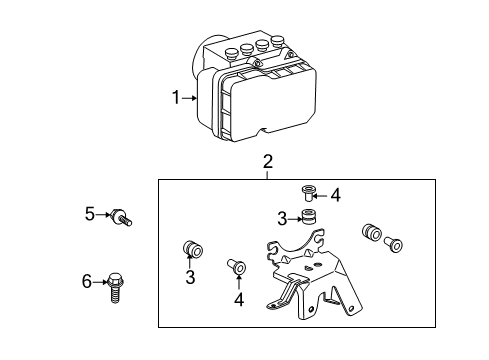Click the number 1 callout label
(x=175, y=97)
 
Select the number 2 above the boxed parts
(x=268, y=162)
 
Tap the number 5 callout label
(x=89, y=212)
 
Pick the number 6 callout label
(x=87, y=283)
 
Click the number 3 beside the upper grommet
(x=283, y=219)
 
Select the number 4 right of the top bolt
(x=335, y=195)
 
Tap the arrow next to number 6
(x=100, y=283)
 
